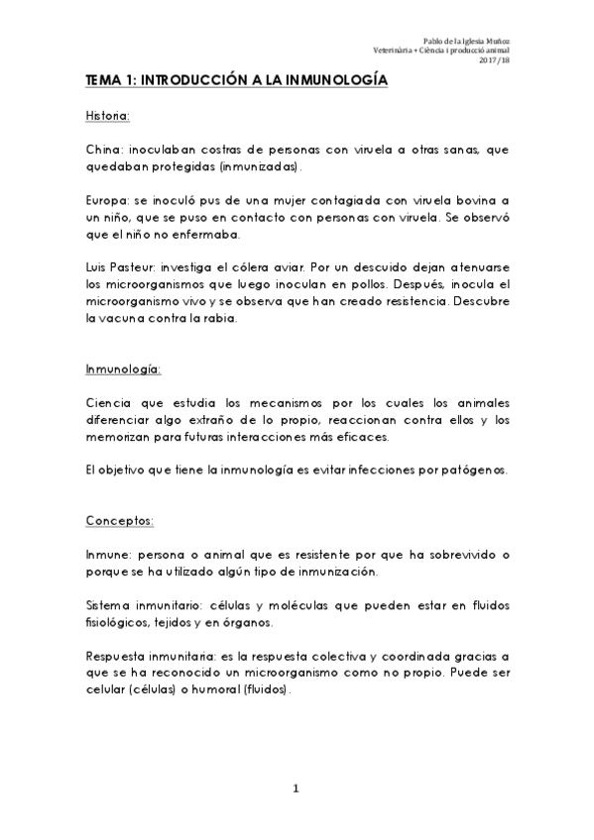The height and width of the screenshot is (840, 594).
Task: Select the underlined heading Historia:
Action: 108,117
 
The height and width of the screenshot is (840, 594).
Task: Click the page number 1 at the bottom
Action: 296,789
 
